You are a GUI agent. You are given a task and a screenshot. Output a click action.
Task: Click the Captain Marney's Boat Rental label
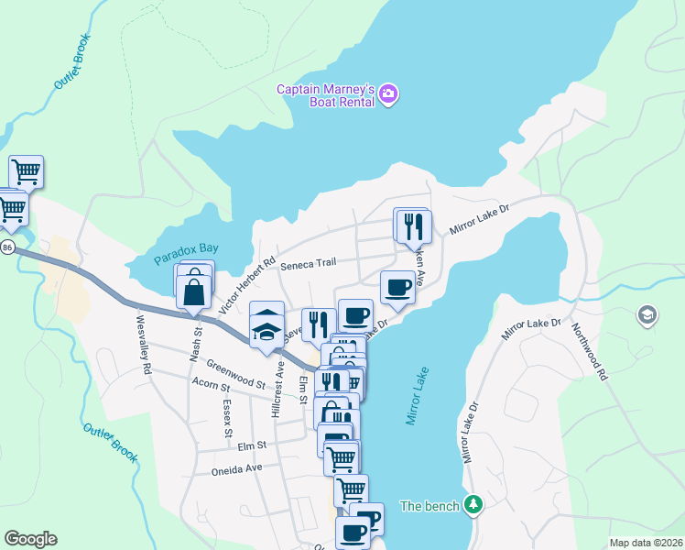click(x=326, y=95)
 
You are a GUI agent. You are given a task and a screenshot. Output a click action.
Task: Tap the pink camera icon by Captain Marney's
click(x=389, y=94)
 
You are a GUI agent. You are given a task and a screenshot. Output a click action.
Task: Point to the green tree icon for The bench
click(x=473, y=505)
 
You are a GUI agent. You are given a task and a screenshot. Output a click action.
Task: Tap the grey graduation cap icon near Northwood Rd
click(x=647, y=315)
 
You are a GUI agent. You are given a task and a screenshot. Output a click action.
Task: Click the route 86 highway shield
click(x=7, y=247)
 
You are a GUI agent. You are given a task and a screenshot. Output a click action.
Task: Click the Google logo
click(x=30, y=539)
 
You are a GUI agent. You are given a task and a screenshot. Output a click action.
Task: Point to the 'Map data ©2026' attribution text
click(x=645, y=543)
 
